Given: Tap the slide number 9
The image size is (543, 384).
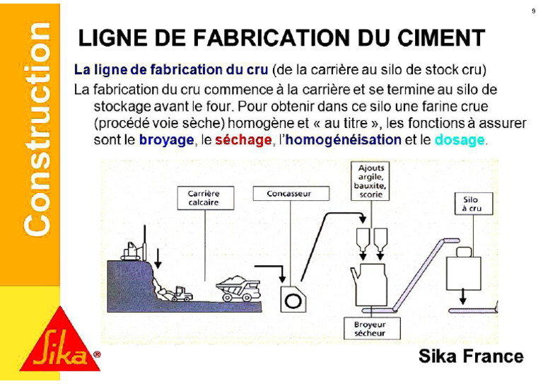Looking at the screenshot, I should (x=532, y=11).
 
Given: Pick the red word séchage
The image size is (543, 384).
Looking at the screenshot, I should (x=243, y=140).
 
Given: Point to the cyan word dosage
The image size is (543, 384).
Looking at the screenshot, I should (x=460, y=140).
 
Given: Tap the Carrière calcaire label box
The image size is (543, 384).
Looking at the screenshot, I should (x=204, y=197).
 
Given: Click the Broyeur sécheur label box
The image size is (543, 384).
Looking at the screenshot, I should (x=370, y=328).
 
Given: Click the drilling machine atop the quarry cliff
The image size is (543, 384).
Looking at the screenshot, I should (x=132, y=250).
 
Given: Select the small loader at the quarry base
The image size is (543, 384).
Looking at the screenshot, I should (x=180, y=293).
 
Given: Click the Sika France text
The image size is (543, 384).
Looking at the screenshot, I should (x=471, y=356).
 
